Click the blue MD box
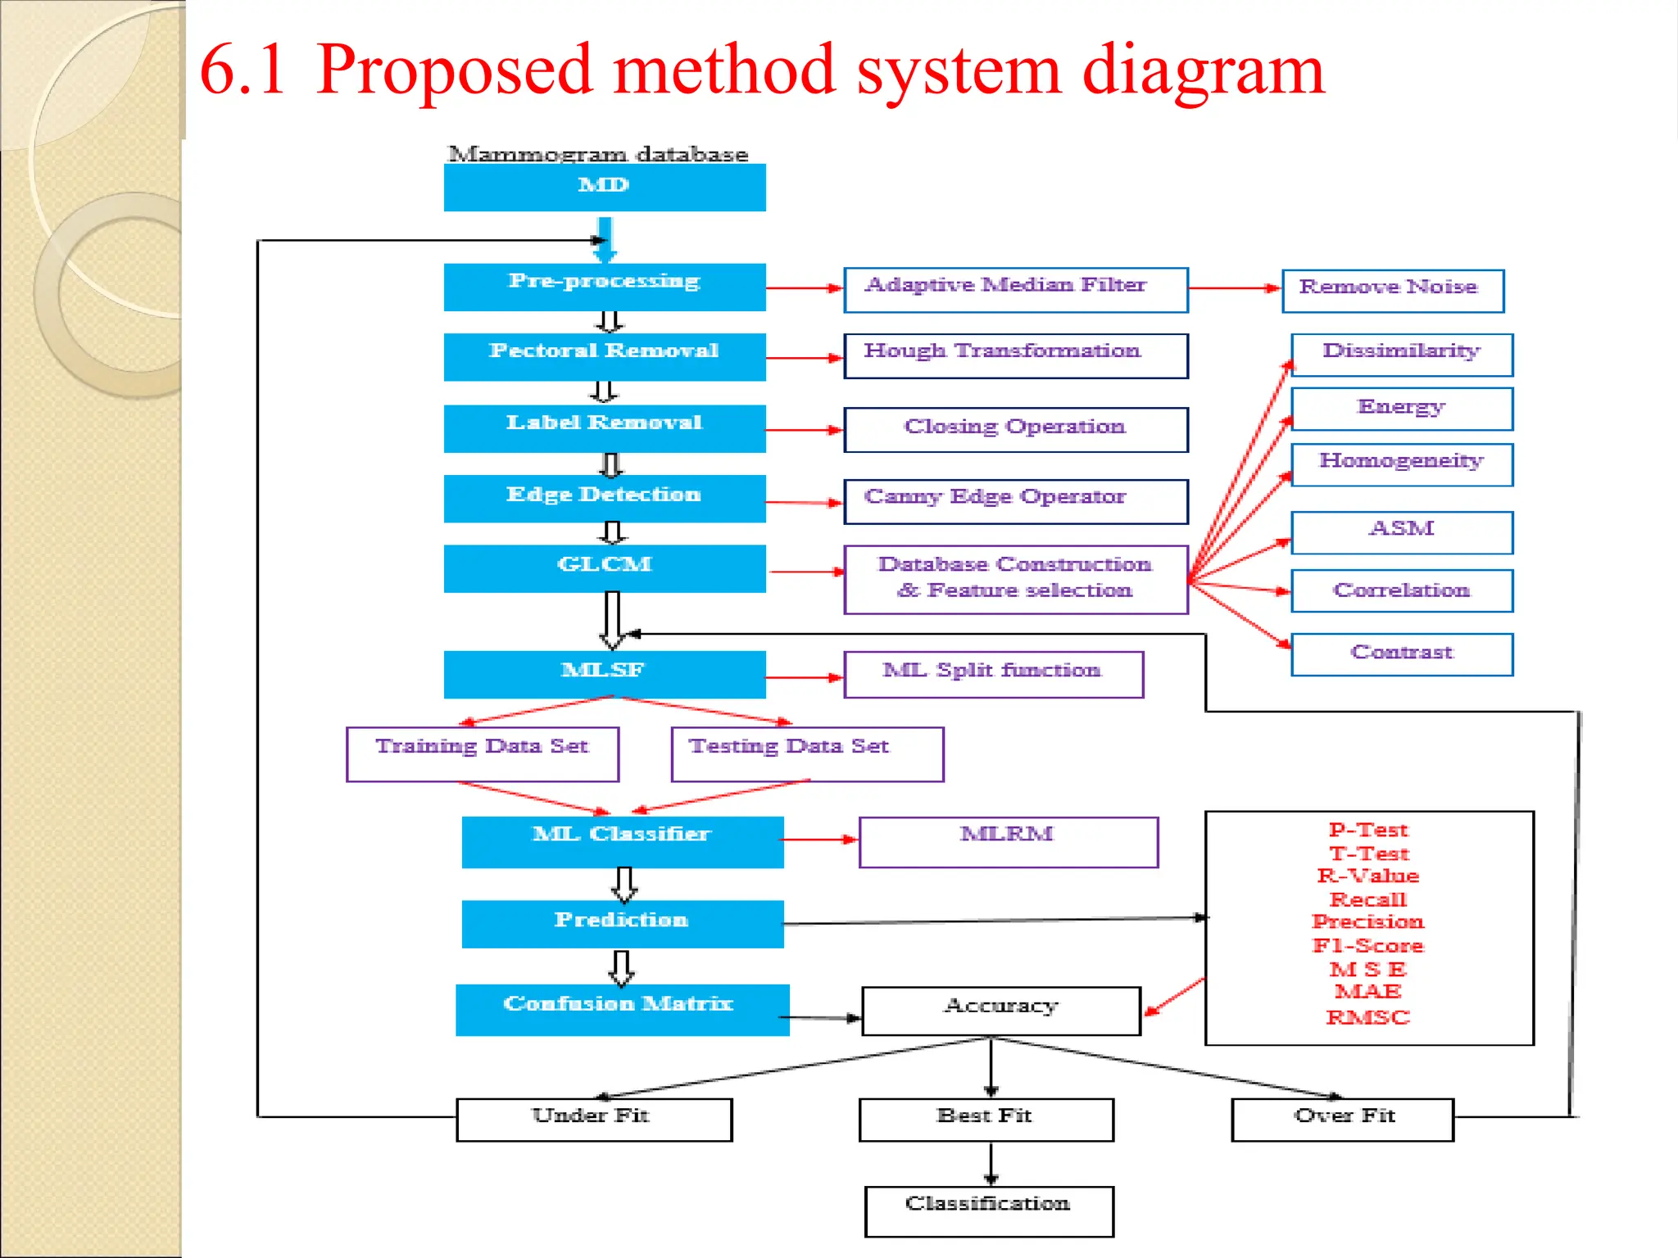click(x=605, y=187)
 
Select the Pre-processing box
click(x=605, y=286)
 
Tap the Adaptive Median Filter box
click(x=1015, y=289)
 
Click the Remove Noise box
click(x=1392, y=290)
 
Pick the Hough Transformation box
click(x=1015, y=355)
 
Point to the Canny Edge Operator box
click(x=1015, y=500)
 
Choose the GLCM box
click(x=605, y=568)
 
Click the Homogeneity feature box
click(x=1401, y=464)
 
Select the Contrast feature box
click(x=1401, y=654)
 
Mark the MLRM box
click(x=1008, y=841)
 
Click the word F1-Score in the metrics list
click(x=1367, y=945)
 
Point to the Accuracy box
click(x=1000, y=1010)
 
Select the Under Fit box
click(x=593, y=1119)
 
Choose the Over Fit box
click(x=1342, y=1119)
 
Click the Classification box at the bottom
click(x=988, y=1210)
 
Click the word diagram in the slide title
click(x=1203, y=70)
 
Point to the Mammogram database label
click(x=598, y=154)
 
